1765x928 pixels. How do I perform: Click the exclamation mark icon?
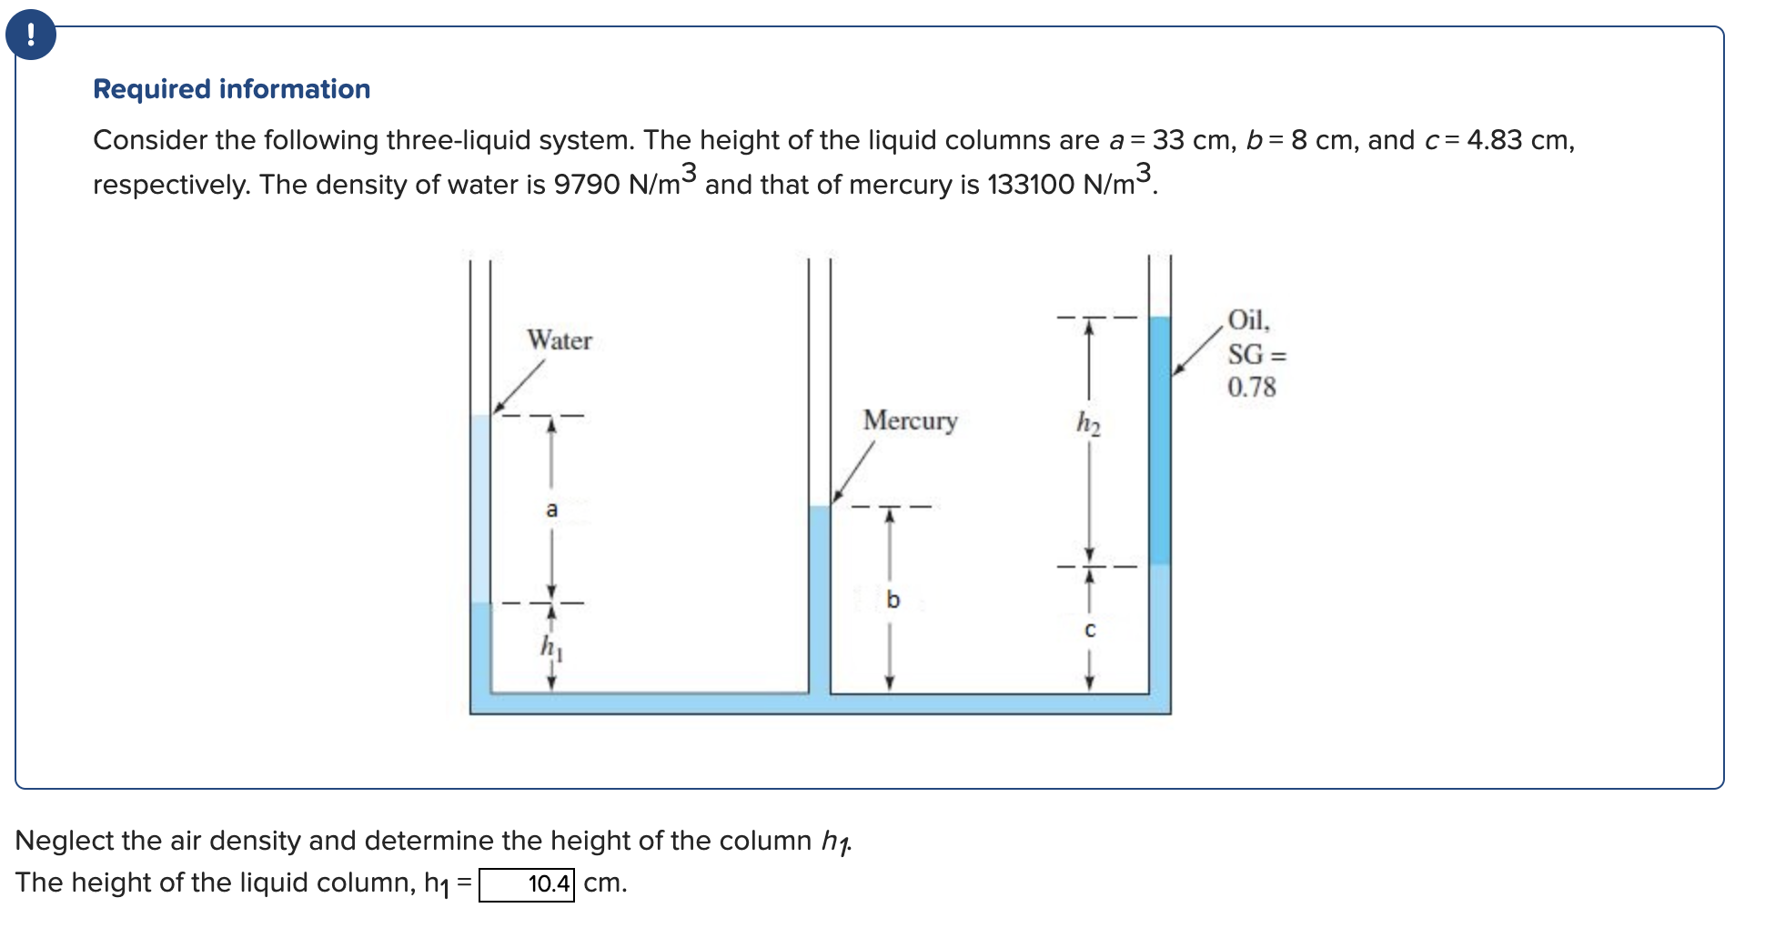31,35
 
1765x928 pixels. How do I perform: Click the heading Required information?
231,89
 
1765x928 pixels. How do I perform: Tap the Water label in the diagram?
559,340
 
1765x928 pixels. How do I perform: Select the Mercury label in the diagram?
910,420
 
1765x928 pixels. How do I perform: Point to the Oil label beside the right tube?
1247,320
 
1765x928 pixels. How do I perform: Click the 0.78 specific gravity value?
1251,388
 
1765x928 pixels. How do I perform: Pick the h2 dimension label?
1088,423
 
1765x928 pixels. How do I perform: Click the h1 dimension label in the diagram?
551,647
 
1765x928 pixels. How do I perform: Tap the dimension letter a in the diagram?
551,509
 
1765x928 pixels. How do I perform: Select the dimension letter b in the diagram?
893,600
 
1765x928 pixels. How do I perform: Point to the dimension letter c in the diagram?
1090,630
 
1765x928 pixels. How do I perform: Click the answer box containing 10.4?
527,884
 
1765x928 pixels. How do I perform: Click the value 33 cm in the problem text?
1192,140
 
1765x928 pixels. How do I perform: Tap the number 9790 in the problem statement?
587,185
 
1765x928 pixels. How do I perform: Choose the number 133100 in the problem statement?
1030,185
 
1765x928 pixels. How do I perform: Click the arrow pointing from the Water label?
519,387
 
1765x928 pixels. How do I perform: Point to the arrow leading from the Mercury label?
853,472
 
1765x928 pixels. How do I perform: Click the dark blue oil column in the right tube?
1159,441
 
